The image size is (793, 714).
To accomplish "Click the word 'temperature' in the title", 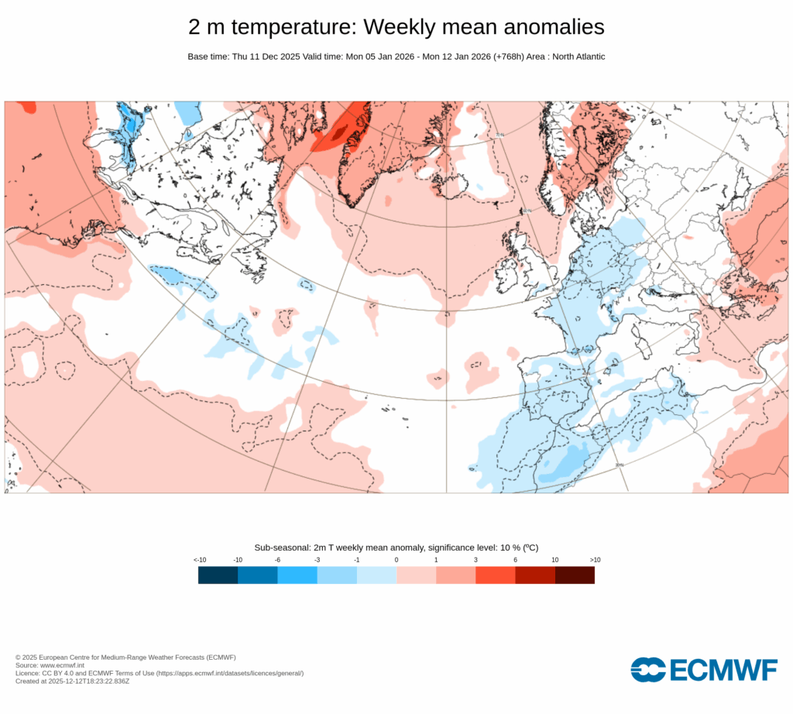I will (295, 27).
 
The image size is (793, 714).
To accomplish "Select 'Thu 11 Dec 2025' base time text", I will (266, 57).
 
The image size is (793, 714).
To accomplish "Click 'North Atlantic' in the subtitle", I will (578, 57).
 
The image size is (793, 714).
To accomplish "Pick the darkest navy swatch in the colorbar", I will (218, 575).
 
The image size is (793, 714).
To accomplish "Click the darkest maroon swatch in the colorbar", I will (575, 575).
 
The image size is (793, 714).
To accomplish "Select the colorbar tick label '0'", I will (396, 559).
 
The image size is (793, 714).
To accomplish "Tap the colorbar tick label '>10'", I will (595, 559).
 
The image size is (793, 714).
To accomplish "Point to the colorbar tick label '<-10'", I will (199, 559).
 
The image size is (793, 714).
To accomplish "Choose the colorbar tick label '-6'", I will (277, 559).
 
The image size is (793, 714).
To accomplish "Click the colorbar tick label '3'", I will (475, 559).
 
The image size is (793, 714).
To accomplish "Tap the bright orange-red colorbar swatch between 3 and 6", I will (496, 575).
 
